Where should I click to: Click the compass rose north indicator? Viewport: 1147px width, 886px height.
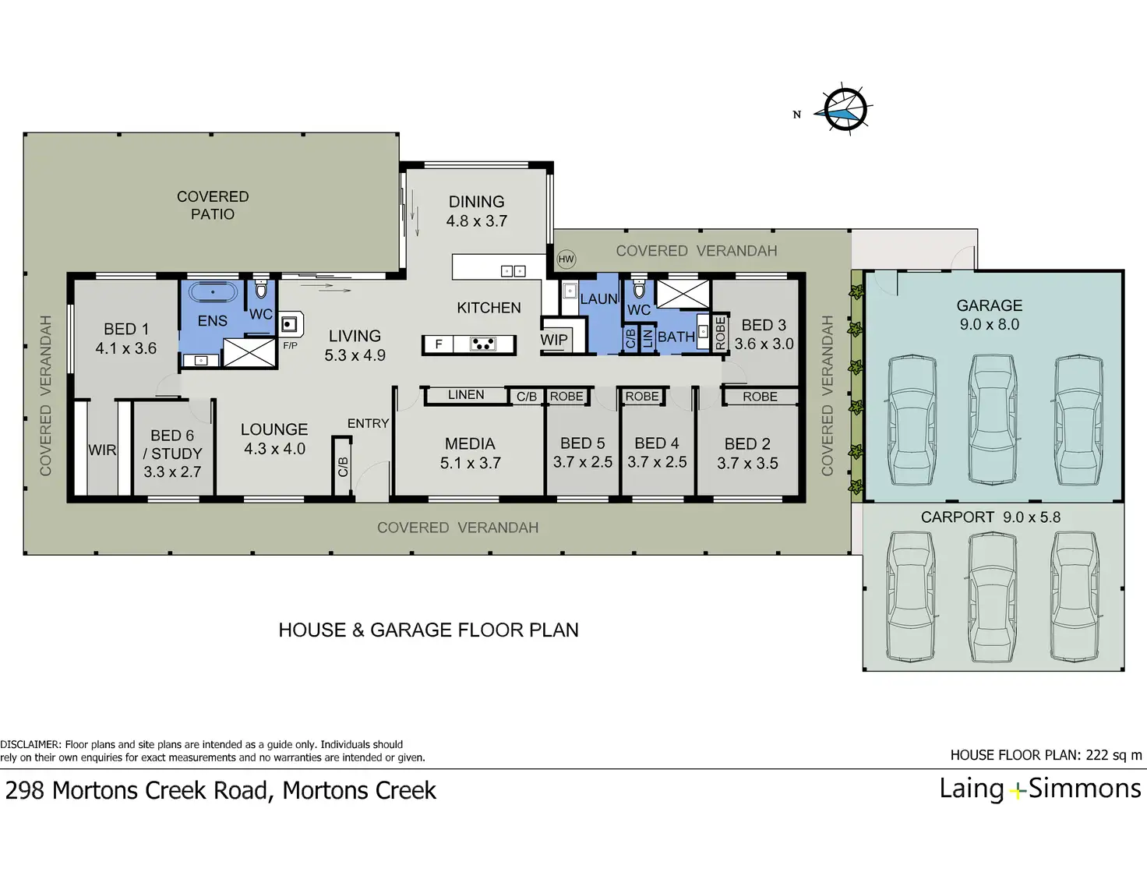pyautogui.click(x=845, y=109)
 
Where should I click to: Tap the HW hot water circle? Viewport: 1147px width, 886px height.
pyautogui.click(x=566, y=259)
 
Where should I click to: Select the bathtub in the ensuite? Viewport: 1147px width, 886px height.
pyautogui.click(x=214, y=291)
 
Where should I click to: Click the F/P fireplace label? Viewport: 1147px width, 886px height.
pyautogui.click(x=291, y=346)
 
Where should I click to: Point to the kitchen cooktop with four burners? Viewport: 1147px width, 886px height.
pyautogui.click(x=483, y=344)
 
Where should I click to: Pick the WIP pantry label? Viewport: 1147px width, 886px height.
pyautogui.click(x=554, y=340)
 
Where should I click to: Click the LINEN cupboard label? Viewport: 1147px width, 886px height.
pyautogui.click(x=466, y=395)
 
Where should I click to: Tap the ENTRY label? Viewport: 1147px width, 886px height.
pyautogui.click(x=368, y=423)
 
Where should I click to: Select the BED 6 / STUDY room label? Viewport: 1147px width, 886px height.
pyautogui.click(x=173, y=454)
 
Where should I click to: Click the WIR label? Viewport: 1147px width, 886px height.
pyautogui.click(x=102, y=450)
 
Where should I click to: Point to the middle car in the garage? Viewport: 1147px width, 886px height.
pyautogui.click(x=993, y=419)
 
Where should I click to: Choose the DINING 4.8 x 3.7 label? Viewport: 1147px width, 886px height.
pyautogui.click(x=477, y=211)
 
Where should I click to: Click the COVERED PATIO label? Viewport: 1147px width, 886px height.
pyautogui.click(x=213, y=205)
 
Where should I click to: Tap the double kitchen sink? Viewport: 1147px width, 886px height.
pyautogui.click(x=513, y=271)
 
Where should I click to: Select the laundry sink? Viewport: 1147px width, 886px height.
pyautogui.click(x=570, y=291)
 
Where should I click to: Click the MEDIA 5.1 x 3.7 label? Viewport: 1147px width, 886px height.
pyautogui.click(x=471, y=454)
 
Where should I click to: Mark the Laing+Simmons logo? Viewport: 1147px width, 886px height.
pyautogui.click(x=1039, y=789)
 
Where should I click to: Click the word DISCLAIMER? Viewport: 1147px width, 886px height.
pyautogui.click(x=30, y=745)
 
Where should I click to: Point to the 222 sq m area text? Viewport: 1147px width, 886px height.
pyautogui.click(x=1113, y=755)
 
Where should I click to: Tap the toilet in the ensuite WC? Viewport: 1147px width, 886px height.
pyautogui.click(x=261, y=289)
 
